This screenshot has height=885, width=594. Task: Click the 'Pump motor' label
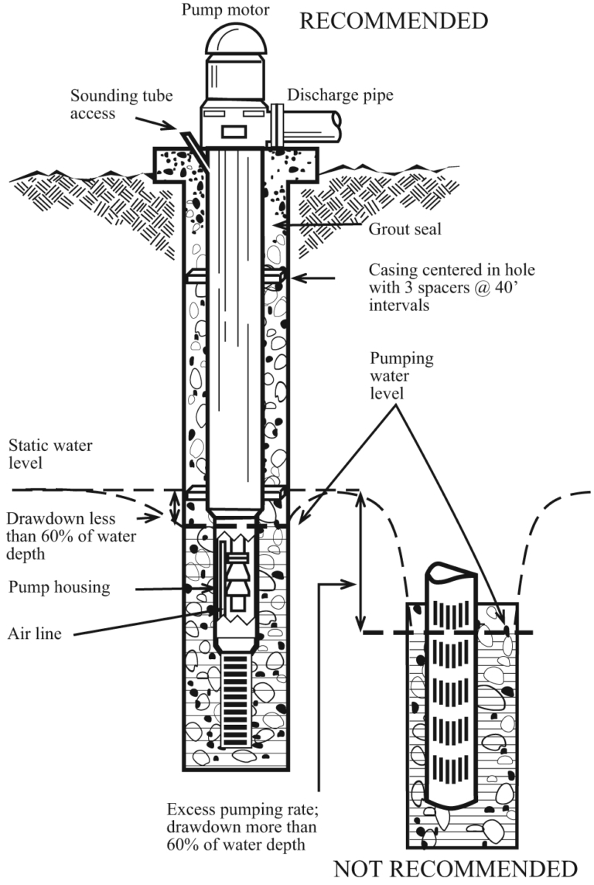click(x=225, y=10)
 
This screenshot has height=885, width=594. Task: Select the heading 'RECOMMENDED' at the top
click(x=393, y=22)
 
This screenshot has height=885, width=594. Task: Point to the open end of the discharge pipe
click(x=336, y=126)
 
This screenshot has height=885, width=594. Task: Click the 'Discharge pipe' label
click(x=340, y=95)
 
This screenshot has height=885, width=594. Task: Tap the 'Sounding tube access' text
click(x=121, y=104)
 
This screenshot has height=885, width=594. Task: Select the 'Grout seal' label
click(x=405, y=228)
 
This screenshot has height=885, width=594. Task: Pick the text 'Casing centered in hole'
click(x=452, y=269)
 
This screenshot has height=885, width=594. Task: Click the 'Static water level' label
click(x=50, y=454)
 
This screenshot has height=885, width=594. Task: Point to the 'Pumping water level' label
click(x=401, y=375)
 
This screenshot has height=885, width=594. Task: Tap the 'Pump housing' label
click(x=60, y=587)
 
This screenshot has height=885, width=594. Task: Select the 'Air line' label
click(x=34, y=634)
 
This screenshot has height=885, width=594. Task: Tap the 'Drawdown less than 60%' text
click(x=71, y=536)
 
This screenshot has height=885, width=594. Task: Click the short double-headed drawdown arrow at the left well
click(x=176, y=506)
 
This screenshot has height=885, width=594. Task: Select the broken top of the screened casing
click(x=451, y=572)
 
